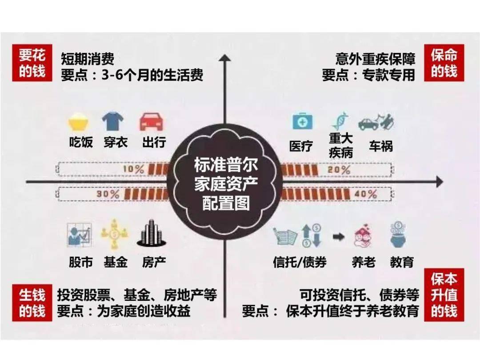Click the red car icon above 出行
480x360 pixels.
[x=151, y=122]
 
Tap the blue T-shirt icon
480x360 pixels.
[x=112, y=121]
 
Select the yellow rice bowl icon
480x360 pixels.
[x=78, y=122]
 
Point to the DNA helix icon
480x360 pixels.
[x=340, y=120]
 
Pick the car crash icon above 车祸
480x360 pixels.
[x=376, y=121]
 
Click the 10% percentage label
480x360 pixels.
[x=133, y=169]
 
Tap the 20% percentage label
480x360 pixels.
[x=339, y=170]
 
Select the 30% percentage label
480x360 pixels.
[x=108, y=194]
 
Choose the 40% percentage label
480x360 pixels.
[x=365, y=194]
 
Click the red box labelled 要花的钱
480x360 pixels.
[x=32, y=63]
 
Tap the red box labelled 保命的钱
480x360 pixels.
[x=444, y=63]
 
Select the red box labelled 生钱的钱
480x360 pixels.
[x=32, y=303]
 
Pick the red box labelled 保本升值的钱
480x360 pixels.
[x=444, y=295]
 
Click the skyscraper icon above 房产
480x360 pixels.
[x=152, y=233]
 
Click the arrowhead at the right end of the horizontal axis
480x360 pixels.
[x=439, y=182]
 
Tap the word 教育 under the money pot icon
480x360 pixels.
[x=402, y=262]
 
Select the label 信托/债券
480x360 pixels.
[x=300, y=262]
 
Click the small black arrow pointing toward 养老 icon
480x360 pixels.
[x=339, y=236]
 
